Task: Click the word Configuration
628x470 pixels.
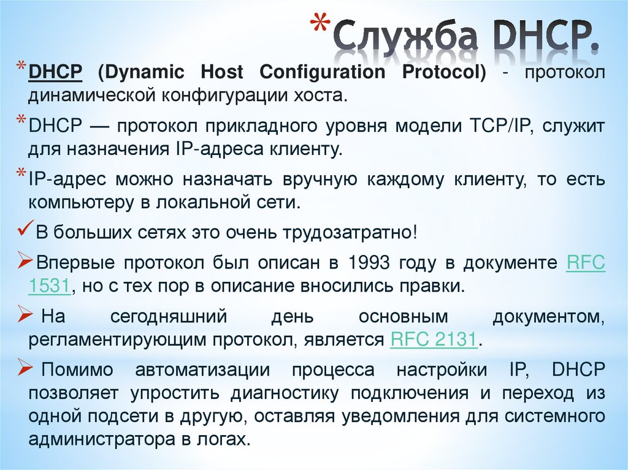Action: [323, 72]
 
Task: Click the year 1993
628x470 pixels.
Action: [370, 264]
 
